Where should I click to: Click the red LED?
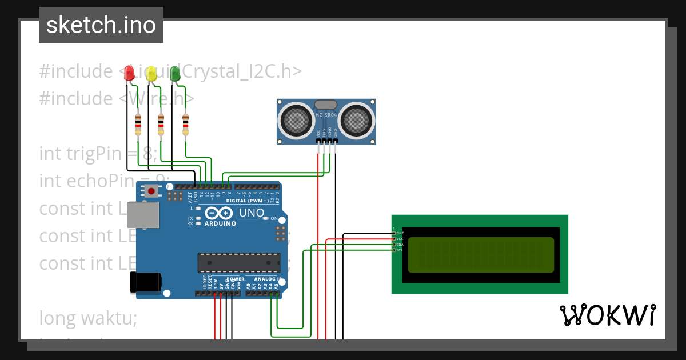click(130, 73)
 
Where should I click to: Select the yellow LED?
click(151, 73)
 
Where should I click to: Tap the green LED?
click(175, 73)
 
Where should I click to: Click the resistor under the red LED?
click(138, 125)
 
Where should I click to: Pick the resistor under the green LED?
click(185, 125)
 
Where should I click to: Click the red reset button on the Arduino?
click(151, 191)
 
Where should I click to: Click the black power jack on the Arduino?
click(146, 282)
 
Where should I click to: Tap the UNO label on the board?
click(252, 213)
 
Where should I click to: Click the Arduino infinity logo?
click(218, 214)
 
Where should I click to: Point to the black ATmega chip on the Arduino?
click(239, 262)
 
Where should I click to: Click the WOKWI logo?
click(607, 315)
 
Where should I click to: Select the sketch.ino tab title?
click(101, 25)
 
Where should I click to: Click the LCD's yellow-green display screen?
click(481, 255)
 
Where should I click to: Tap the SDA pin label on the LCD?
click(400, 245)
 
